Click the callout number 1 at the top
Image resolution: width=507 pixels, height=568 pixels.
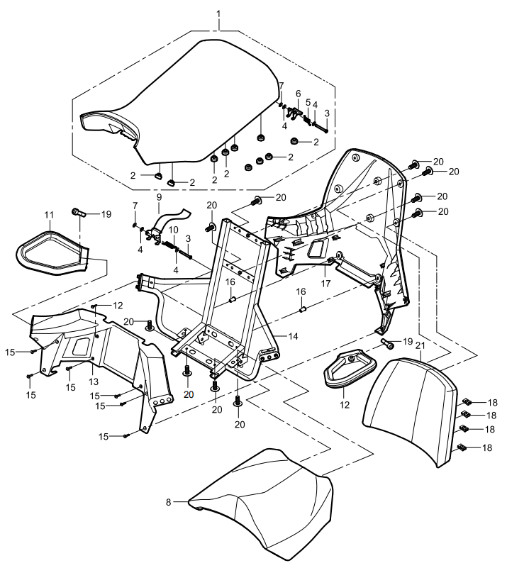[219, 13]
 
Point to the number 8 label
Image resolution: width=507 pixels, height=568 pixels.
[169, 502]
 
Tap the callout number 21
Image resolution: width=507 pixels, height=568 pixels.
[420, 345]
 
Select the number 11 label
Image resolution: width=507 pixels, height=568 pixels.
[49, 213]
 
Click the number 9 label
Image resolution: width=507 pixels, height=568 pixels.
[159, 196]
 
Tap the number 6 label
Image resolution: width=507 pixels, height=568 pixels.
[299, 94]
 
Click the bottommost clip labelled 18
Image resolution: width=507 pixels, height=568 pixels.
[462, 448]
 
